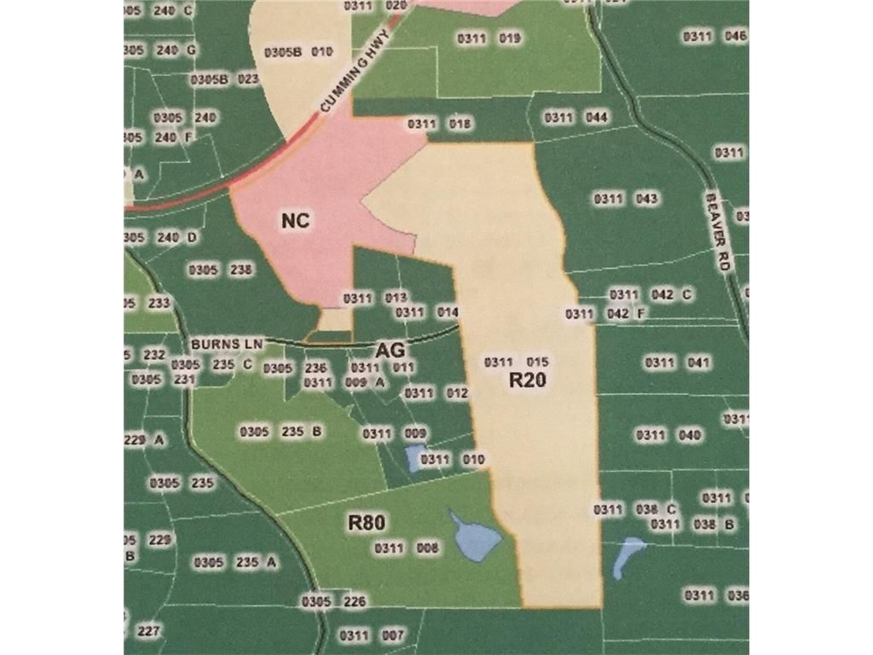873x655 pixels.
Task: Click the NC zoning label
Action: pos(295,221)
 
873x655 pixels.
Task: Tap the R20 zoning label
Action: pos(527,381)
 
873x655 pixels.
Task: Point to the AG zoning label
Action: pos(389,351)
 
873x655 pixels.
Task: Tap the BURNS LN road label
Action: pos(224,343)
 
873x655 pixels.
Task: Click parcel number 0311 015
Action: pos(517,362)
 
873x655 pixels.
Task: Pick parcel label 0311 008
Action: pos(407,548)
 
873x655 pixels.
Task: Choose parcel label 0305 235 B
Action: pos(280,432)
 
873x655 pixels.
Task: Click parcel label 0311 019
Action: pos(489,38)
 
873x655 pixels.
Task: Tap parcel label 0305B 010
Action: pos(298,52)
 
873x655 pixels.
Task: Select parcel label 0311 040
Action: pos(668,436)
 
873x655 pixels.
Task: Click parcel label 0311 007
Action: pos(372,635)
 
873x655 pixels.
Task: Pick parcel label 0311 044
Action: pos(575,118)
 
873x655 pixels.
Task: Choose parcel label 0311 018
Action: pos(440,125)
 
